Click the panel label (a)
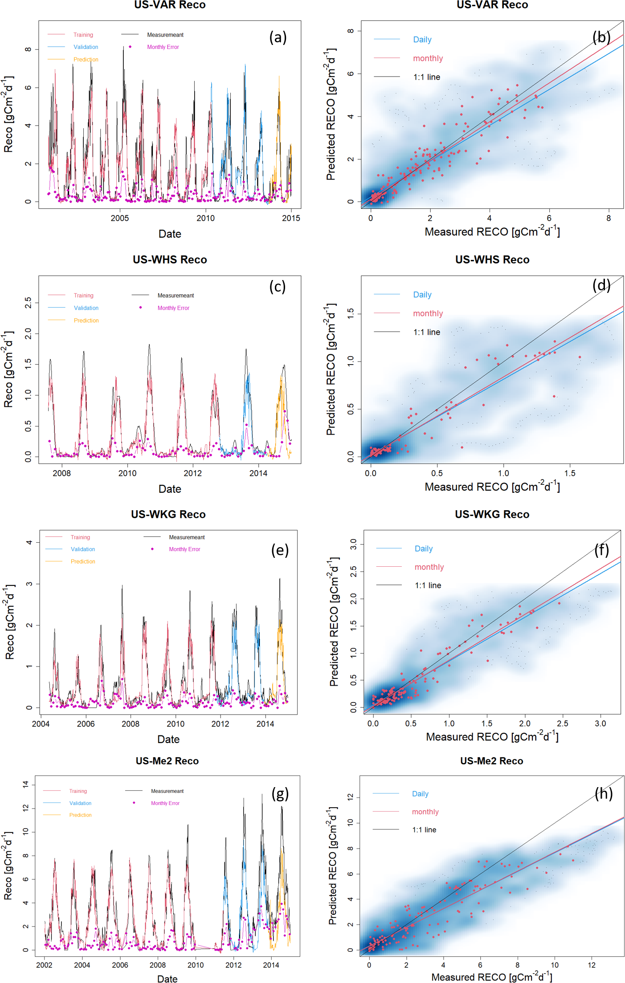pyautogui.click(x=278, y=37)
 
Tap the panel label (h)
pyautogui.click(x=604, y=793)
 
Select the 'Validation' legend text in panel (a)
pyautogui.click(x=86, y=47)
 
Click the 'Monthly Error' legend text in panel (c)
pyautogui.click(x=173, y=308)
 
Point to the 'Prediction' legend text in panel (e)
pyautogui.click(x=83, y=561)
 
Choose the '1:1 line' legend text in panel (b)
pyautogui.click(x=426, y=77)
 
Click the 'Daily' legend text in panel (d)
pyautogui.click(x=422, y=295)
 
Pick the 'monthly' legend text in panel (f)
pyautogui.click(x=429, y=567)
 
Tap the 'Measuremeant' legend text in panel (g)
pyautogui.click(x=167, y=791)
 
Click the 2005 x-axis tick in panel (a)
pyautogui.click(x=120, y=218)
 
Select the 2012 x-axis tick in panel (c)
pyautogui.click(x=193, y=473)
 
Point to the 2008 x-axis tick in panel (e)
pyautogui.click(x=131, y=724)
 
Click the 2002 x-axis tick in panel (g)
pyautogui.click(x=44, y=965)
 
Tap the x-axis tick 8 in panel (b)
pyautogui.click(x=609, y=218)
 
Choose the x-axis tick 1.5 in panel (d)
pyautogui.click(x=570, y=473)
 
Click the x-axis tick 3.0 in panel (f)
pyautogui.click(x=600, y=723)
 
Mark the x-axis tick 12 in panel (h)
pyautogui.click(x=592, y=965)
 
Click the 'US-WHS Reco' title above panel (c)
pyautogui.click(x=170, y=260)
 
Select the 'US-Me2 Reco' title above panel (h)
pyautogui.click(x=491, y=761)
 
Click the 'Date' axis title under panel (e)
pyautogui.click(x=168, y=739)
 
